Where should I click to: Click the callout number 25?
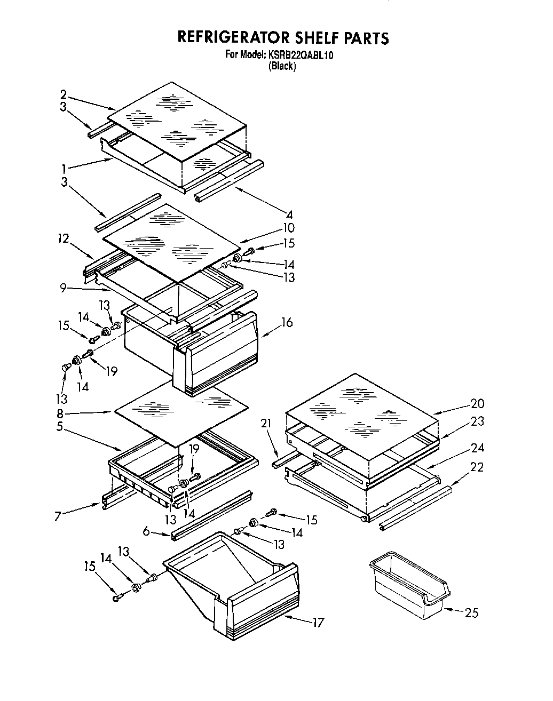click(471, 613)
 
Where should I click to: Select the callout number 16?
click(287, 323)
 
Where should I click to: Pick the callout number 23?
click(477, 421)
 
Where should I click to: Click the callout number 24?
click(477, 448)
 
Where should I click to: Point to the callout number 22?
click(476, 467)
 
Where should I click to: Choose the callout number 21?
click(266, 424)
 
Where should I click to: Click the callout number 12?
click(64, 238)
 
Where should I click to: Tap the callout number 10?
click(288, 228)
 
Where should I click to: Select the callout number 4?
click(289, 215)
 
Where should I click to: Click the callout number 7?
click(57, 517)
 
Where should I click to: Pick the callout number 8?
click(60, 413)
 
